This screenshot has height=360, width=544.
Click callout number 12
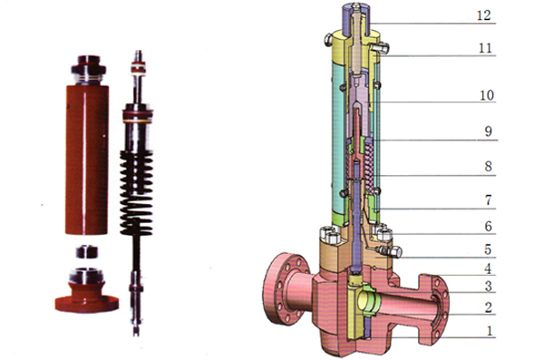(x=484, y=15)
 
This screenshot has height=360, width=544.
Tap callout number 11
(x=485, y=48)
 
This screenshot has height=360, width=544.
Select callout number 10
(x=486, y=95)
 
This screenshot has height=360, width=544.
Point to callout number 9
(x=488, y=131)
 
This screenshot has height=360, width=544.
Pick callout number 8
(x=488, y=167)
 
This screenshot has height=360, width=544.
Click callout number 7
(x=488, y=200)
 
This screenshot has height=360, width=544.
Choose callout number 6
(x=488, y=227)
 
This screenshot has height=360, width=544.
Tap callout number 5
(x=488, y=249)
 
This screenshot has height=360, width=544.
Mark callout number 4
(x=488, y=268)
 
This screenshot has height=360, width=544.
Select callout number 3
(x=488, y=287)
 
